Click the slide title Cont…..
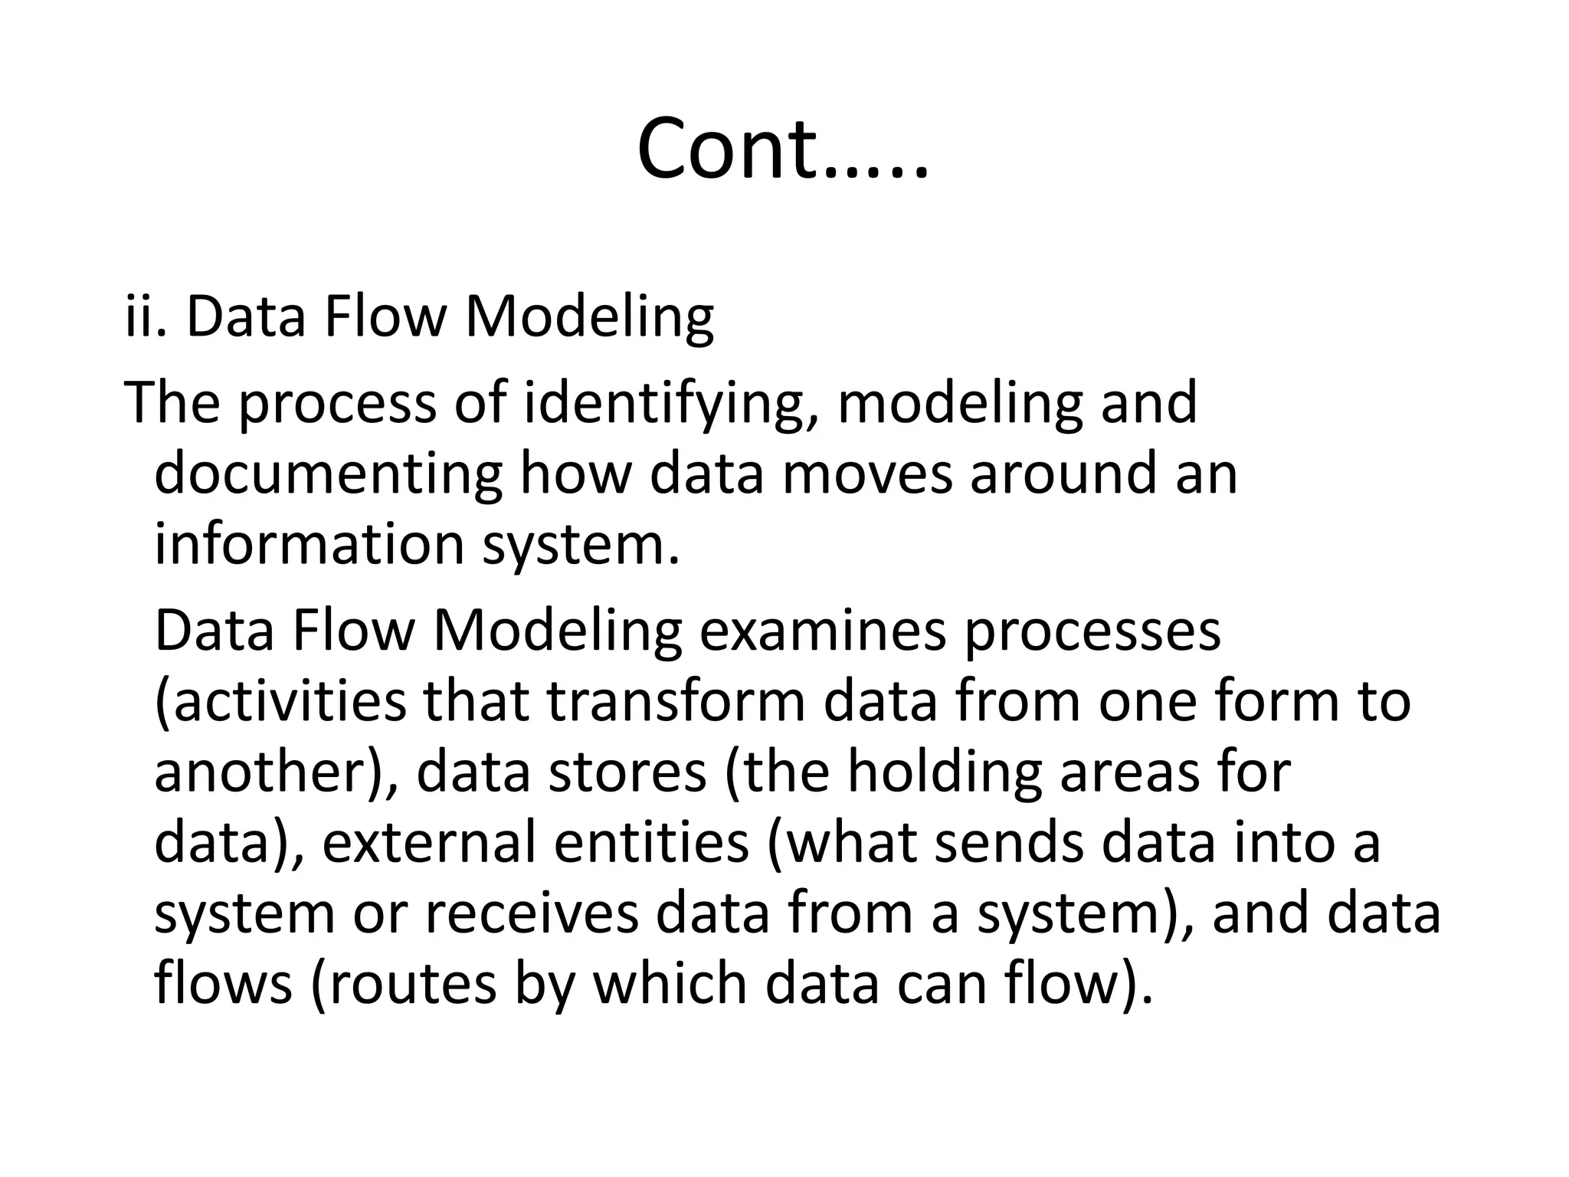tap(782, 149)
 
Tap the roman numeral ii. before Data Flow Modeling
tap(145, 316)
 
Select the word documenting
tap(327, 474)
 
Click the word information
tap(310, 544)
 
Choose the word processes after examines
tap(1092, 633)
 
